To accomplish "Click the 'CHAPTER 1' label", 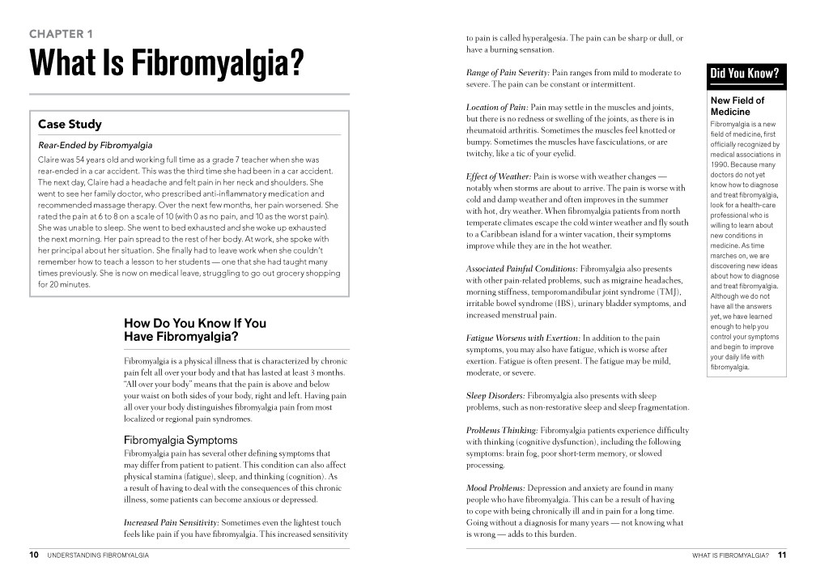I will coord(61,34).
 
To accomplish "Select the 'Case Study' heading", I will coord(70,124).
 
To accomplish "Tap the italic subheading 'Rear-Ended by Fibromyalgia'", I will coord(95,146).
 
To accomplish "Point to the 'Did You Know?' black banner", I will coord(744,74).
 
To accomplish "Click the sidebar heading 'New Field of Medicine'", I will coord(737,106).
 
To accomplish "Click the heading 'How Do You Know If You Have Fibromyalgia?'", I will coord(195,330).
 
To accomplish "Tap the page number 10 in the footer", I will coord(34,555).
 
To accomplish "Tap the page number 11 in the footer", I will coord(781,555).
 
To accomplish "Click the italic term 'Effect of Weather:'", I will coord(499,177).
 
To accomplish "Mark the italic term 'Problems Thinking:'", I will coord(502,430).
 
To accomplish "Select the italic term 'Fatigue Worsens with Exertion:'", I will coord(523,338).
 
